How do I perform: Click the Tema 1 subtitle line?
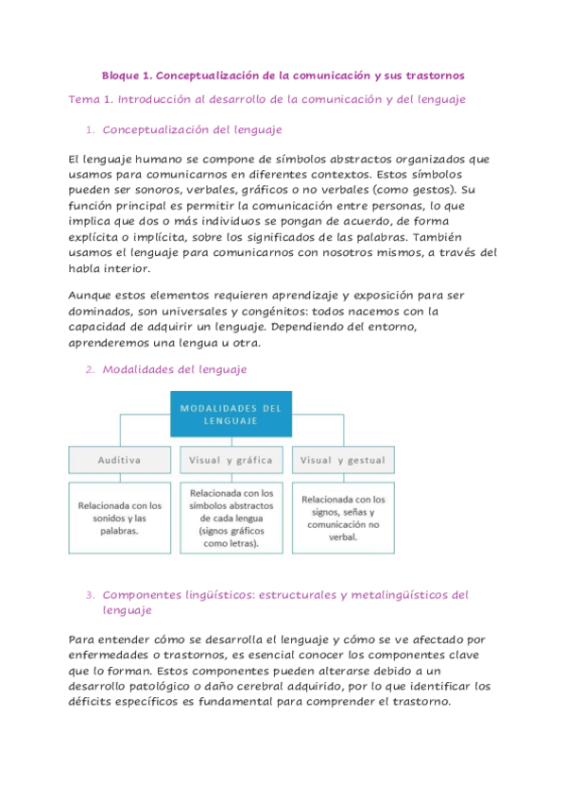click(x=266, y=99)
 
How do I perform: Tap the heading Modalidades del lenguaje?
click(x=174, y=369)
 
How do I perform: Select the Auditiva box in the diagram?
click(x=120, y=460)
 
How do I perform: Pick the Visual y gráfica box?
click(x=232, y=460)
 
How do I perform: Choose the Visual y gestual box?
click(x=342, y=460)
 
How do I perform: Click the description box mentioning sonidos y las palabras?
click(x=120, y=518)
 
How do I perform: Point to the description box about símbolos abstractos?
click(x=232, y=518)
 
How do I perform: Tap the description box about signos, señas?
click(x=342, y=518)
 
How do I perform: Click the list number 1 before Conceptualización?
click(x=89, y=130)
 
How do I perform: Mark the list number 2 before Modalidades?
click(x=89, y=370)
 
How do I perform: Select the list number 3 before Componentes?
click(x=89, y=595)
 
